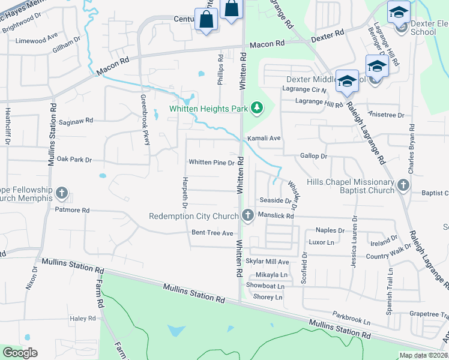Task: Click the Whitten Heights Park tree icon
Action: tap(258, 108)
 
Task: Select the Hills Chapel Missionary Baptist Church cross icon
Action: tap(403, 187)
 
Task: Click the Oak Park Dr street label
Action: tap(74, 160)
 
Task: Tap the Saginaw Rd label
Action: tap(76, 120)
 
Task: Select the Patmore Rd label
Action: tap(72, 211)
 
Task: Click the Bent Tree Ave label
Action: tap(212, 233)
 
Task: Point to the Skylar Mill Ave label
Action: tap(268, 262)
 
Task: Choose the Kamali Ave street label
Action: tap(269, 138)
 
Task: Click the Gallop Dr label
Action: tap(313, 156)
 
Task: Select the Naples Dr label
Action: tap(330, 230)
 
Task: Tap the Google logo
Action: tap(20, 353)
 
